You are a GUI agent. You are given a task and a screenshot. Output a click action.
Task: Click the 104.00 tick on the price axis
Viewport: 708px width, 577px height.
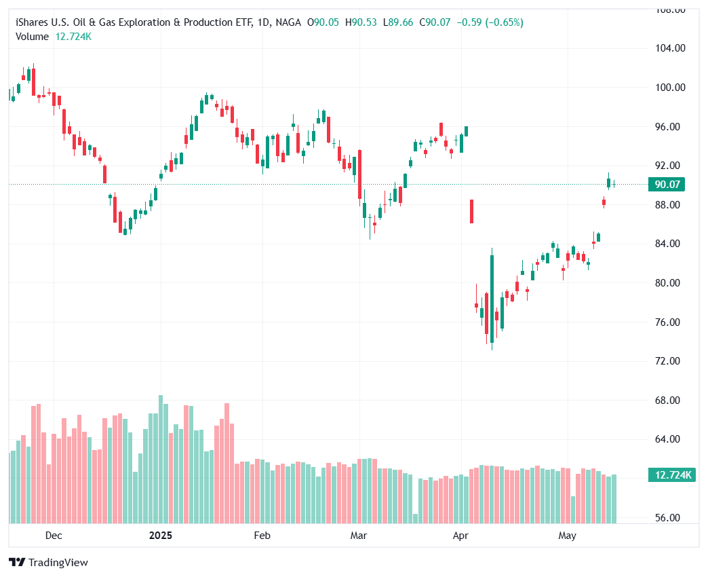click(667, 48)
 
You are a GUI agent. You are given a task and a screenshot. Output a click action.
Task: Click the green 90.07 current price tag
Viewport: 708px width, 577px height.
click(667, 185)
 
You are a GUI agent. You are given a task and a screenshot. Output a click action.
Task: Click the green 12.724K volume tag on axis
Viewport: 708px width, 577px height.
click(670, 475)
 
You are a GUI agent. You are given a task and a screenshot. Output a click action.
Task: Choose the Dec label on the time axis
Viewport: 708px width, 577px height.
click(54, 536)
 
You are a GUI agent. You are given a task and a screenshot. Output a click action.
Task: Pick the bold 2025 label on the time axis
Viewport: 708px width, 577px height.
click(160, 536)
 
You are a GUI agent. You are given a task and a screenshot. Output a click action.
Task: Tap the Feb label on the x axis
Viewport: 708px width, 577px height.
click(262, 536)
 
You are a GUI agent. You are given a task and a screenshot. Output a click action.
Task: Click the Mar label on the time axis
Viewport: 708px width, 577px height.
click(358, 536)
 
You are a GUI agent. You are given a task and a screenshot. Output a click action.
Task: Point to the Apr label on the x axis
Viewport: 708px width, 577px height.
click(460, 536)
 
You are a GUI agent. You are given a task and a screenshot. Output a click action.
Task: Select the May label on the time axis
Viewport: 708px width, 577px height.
click(567, 536)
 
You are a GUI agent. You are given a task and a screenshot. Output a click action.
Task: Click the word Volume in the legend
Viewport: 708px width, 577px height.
click(32, 37)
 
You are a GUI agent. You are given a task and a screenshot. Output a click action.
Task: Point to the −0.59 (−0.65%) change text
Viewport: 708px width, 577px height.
click(490, 22)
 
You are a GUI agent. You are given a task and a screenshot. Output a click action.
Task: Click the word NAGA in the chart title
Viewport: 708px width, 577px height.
click(289, 22)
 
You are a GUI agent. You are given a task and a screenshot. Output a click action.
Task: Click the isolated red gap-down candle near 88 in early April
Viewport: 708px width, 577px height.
click(471, 211)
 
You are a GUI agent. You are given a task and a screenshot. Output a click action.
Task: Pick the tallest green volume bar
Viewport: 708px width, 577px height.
click(161, 459)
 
